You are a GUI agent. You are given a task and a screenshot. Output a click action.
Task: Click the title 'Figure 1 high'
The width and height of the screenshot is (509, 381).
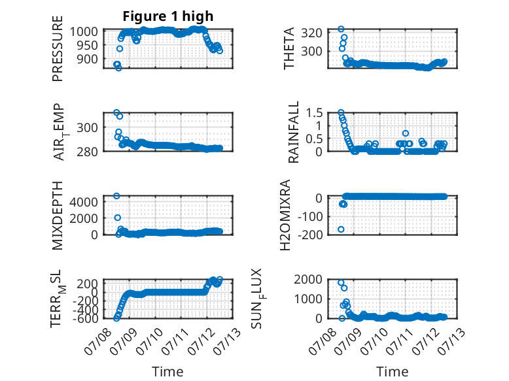click(x=168, y=16)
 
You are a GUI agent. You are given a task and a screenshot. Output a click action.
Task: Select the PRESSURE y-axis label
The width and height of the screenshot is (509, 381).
click(x=57, y=48)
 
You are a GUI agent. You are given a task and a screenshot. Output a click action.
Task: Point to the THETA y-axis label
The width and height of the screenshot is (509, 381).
click(x=289, y=48)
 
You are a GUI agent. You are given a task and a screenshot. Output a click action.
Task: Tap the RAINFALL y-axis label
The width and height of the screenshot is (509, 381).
click(x=293, y=132)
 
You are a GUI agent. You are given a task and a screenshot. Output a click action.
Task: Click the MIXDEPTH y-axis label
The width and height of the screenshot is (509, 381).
click(x=57, y=216)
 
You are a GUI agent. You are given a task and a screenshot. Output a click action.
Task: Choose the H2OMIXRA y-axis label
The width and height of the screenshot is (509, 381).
click(x=285, y=215)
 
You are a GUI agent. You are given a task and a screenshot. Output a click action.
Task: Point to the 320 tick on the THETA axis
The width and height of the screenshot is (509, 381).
click(x=311, y=33)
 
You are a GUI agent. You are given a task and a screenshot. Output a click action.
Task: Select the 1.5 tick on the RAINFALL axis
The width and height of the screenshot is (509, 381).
click(x=314, y=113)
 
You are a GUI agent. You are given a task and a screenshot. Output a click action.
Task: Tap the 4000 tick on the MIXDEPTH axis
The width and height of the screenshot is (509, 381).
click(x=84, y=202)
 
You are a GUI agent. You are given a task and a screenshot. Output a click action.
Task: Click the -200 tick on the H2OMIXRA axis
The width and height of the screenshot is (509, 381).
click(x=310, y=234)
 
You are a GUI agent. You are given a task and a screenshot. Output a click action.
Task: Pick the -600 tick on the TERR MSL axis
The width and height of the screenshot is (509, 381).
click(x=85, y=318)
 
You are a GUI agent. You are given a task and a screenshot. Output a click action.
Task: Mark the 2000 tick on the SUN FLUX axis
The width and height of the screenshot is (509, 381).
click(x=308, y=279)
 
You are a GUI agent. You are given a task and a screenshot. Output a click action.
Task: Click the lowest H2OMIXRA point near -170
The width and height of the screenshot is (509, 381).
click(x=341, y=229)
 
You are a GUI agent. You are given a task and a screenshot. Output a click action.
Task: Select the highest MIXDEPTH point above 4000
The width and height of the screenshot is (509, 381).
click(x=116, y=196)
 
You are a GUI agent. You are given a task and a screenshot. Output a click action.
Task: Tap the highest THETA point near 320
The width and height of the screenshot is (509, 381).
click(x=341, y=29)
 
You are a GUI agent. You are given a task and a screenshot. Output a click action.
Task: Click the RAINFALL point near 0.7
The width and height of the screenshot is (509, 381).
click(x=406, y=133)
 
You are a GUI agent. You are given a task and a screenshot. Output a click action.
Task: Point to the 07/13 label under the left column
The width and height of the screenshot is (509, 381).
click(x=228, y=339)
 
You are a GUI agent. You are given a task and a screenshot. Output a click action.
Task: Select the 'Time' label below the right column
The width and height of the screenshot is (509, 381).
click(x=392, y=371)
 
